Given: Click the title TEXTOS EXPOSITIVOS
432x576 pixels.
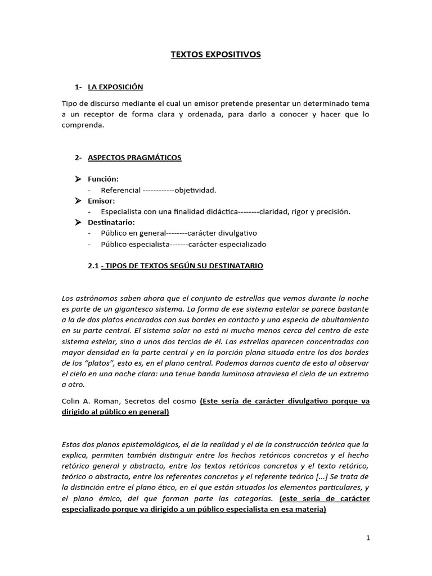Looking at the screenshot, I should click(216, 55).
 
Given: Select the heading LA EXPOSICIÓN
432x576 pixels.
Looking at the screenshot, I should click(115, 87).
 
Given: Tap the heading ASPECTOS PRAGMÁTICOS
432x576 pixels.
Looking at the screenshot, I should click(134, 157).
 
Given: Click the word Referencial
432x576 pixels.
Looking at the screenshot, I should click(120, 190).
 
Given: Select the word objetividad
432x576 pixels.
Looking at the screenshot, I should click(195, 190).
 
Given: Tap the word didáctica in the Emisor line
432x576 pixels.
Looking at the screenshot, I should click(219, 212).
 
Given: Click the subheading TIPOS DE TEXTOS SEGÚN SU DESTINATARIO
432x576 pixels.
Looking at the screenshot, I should click(182, 265).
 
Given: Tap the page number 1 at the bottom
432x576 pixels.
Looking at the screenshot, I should click(368, 538).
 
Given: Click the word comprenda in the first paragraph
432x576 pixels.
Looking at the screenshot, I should click(83, 125).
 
